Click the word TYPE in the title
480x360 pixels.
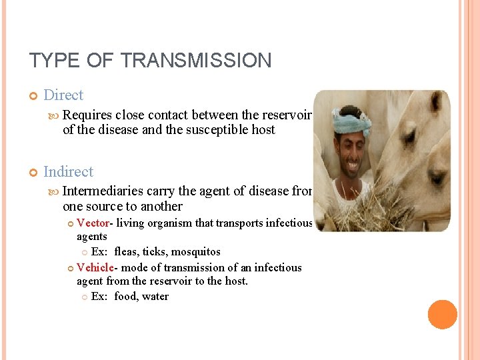click(x=52, y=61)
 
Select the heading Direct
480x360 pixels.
click(x=63, y=95)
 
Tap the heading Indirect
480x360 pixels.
click(x=68, y=171)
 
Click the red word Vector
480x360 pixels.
click(x=93, y=223)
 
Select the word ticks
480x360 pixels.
click(x=156, y=252)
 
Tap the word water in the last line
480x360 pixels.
click(x=155, y=297)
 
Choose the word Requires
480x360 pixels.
click(x=87, y=115)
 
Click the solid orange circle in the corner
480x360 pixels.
click(x=442, y=315)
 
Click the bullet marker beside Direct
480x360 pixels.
click(x=33, y=96)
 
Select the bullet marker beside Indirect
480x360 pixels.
click(x=33, y=172)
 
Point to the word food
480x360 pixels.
click(x=125, y=297)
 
